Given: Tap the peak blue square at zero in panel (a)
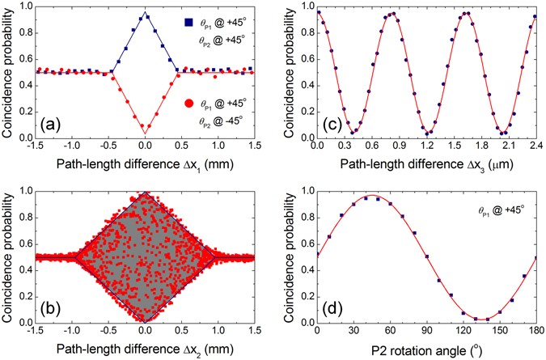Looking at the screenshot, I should coord(145,16).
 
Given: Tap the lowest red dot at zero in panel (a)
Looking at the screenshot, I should coord(145,128).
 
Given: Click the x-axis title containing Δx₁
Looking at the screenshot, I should coord(145,163).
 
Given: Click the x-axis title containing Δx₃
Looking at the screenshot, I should coord(426,163).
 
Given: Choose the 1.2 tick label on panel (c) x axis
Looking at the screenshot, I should coord(426,148).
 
